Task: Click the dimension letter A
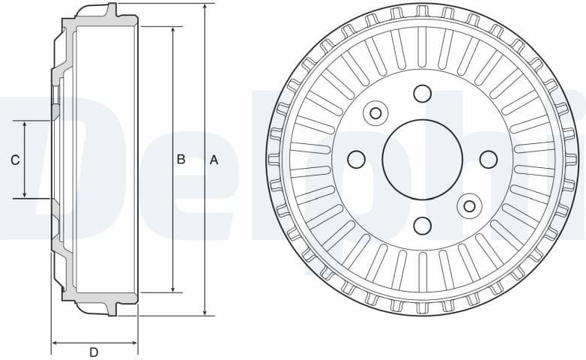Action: point(214,160)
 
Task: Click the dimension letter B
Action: point(181,160)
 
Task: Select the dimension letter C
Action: point(14,160)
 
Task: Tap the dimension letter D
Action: point(94,352)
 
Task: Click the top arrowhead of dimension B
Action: point(174,30)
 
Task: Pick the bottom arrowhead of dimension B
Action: point(174,288)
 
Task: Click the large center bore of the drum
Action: point(422,159)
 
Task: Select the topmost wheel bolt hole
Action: point(422,93)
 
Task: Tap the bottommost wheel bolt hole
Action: point(422,225)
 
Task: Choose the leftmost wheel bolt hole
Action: point(357,159)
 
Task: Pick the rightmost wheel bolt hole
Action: point(488,159)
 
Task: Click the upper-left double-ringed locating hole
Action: point(375,113)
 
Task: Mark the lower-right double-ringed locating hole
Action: point(469,205)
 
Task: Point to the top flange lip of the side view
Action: point(112,10)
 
